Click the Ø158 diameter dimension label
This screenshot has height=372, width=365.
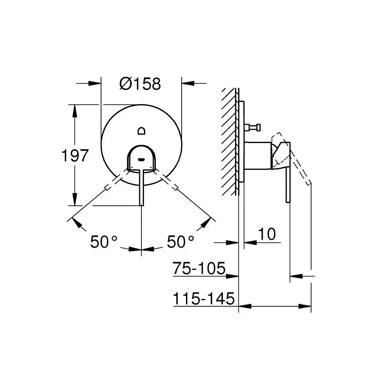pyautogui.click(x=140, y=84)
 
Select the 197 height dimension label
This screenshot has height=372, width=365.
pyautogui.click(x=75, y=156)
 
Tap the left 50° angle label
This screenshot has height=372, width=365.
pyautogui.click(x=104, y=242)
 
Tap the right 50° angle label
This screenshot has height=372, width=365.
pyautogui.click(x=181, y=242)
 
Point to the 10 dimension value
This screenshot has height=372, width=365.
pyautogui.click(x=267, y=234)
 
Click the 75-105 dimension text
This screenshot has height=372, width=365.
pyautogui.click(x=199, y=268)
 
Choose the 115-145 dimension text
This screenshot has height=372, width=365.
pyautogui.click(x=204, y=298)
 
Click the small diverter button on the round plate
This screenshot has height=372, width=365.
pyautogui.click(x=142, y=131)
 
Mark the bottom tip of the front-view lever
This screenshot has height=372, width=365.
pyautogui.click(x=141, y=205)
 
